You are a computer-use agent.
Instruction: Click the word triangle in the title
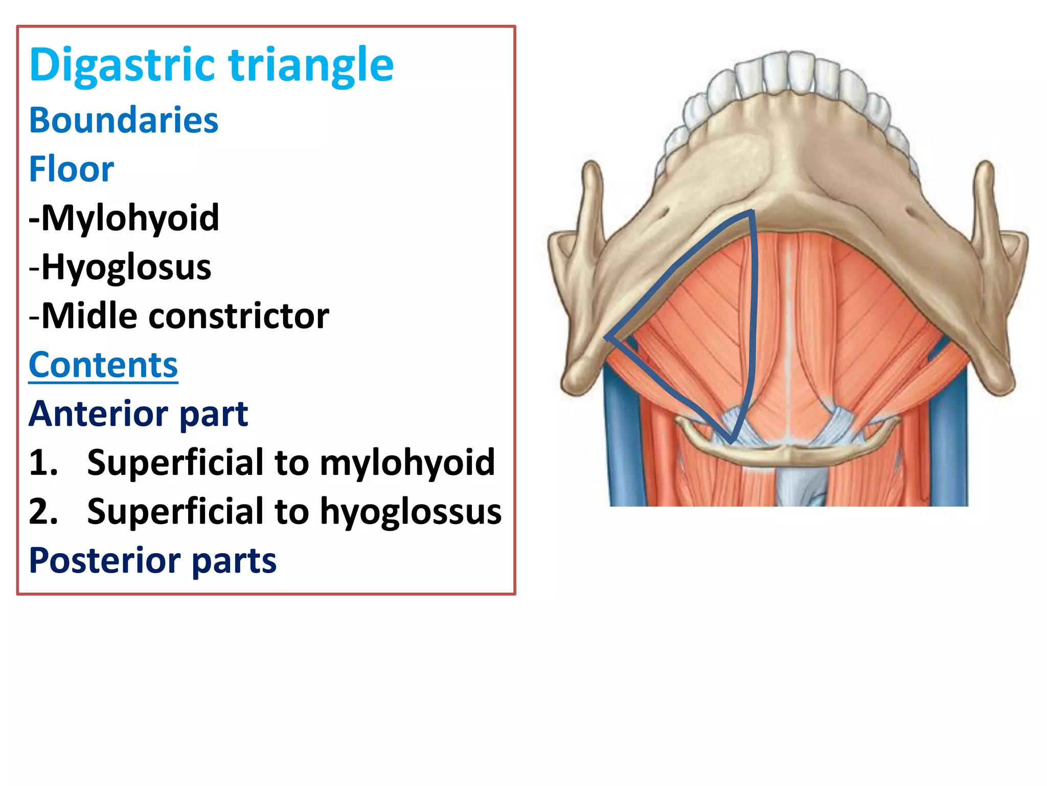point(311,65)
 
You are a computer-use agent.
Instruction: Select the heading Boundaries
point(124,120)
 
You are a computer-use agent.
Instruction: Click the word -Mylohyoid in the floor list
point(124,218)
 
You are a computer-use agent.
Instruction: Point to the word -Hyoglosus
point(120,267)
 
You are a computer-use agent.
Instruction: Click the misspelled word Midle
point(89,316)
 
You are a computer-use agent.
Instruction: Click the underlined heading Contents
point(103,365)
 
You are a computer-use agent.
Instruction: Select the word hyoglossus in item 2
point(411,512)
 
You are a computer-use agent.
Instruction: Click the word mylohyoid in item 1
point(407,463)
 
